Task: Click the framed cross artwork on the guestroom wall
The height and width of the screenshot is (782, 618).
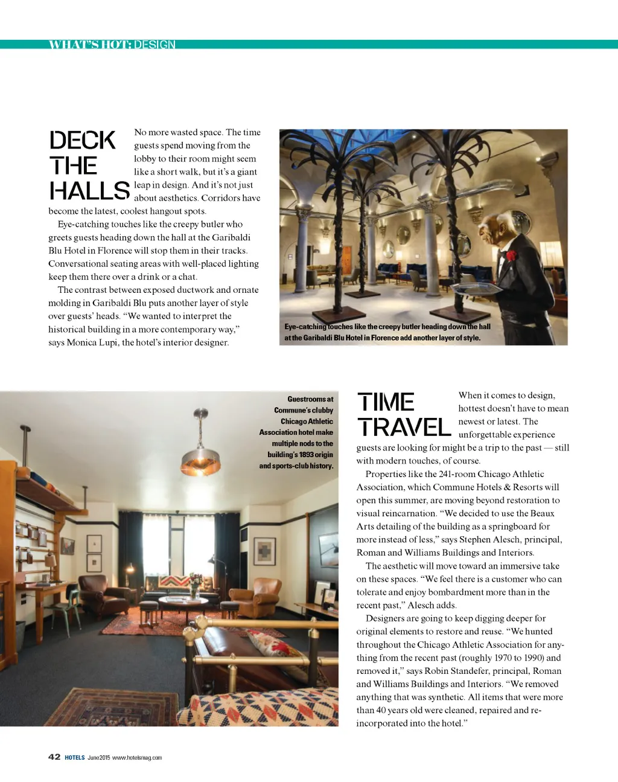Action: click(x=264, y=551)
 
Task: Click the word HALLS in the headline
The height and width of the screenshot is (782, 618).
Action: click(x=89, y=191)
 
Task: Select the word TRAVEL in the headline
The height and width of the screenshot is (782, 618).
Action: click(x=404, y=428)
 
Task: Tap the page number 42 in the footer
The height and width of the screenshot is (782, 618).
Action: click(x=54, y=757)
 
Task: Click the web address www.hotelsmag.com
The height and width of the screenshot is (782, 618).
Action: click(x=137, y=758)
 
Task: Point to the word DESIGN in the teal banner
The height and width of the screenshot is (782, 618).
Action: click(x=155, y=45)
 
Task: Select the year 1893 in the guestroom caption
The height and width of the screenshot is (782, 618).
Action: click(x=306, y=455)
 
